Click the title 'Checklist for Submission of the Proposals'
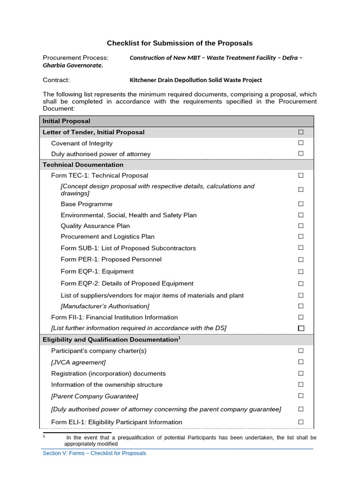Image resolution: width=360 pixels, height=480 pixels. click(x=180, y=43)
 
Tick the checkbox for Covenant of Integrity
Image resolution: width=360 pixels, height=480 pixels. click(x=301, y=143)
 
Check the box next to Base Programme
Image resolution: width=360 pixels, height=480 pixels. click(x=301, y=204)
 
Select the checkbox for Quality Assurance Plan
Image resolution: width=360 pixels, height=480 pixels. click(x=301, y=225)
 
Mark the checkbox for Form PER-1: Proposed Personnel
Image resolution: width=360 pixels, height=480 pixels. click(x=301, y=259)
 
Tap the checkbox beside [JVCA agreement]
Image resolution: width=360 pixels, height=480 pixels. click(x=301, y=362)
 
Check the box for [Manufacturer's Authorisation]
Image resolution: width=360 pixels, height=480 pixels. click(x=301, y=306)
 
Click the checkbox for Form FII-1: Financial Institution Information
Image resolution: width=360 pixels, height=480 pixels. click(x=301, y=317)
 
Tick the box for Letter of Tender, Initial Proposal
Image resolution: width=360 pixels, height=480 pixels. click(x=301, y=132)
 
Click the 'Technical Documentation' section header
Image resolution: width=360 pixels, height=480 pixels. click(x=83, y=165)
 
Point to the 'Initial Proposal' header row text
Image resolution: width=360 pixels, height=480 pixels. click(x=67, y=121)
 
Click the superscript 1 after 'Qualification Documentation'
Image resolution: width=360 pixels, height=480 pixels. click(x=179, y=337)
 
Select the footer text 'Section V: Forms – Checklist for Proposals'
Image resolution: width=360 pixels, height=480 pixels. click(x=94, y=453)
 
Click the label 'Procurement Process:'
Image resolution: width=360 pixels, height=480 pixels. click(x=75, y=58)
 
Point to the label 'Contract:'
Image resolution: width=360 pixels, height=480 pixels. click(x=56, y=80)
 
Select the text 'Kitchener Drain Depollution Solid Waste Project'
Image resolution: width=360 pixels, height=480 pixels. click(x=195, y=80)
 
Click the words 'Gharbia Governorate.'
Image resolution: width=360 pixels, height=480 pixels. click(x=73, y=66)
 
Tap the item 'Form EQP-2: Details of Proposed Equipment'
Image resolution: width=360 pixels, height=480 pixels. click(x=127, y=283)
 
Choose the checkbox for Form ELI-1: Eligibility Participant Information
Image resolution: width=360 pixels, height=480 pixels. click(x=301, y=422)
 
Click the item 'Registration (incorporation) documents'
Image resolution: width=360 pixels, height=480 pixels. click(x=108, y=374)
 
